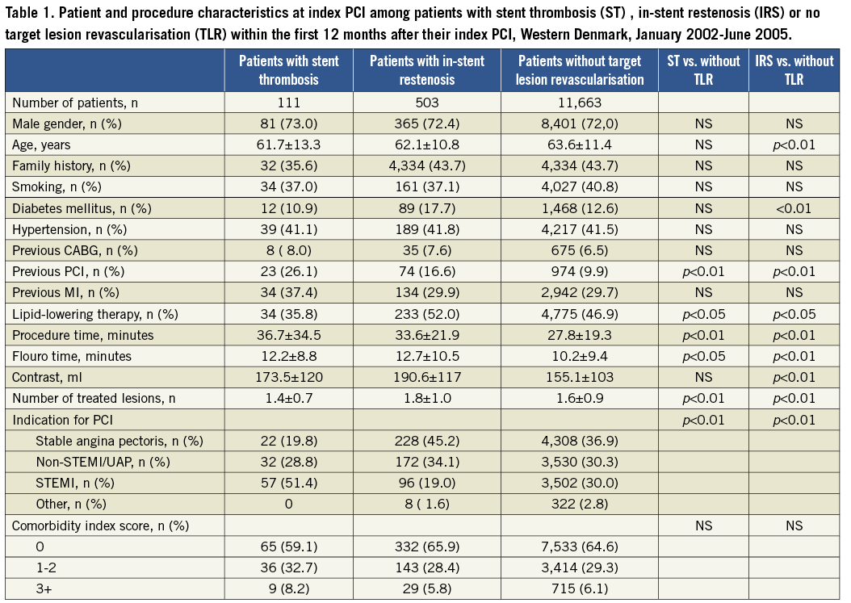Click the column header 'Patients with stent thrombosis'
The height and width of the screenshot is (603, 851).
[288, 70]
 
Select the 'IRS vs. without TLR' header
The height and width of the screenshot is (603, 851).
[794, 70]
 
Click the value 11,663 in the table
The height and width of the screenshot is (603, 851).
[580, 103]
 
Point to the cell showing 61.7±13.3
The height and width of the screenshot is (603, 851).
[288, 144]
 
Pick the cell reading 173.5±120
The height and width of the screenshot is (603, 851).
[288, 377]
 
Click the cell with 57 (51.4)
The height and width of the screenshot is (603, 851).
[288, 483]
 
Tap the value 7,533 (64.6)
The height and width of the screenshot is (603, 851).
[580, 546]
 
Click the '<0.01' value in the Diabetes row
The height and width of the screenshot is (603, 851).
[794, 207]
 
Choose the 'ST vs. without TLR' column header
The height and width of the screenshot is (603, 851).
[702, 70]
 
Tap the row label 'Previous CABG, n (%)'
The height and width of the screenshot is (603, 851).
[64, 250]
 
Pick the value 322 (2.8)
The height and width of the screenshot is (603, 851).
[580, 504]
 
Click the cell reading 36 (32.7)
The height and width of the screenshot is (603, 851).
[288, 567]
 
